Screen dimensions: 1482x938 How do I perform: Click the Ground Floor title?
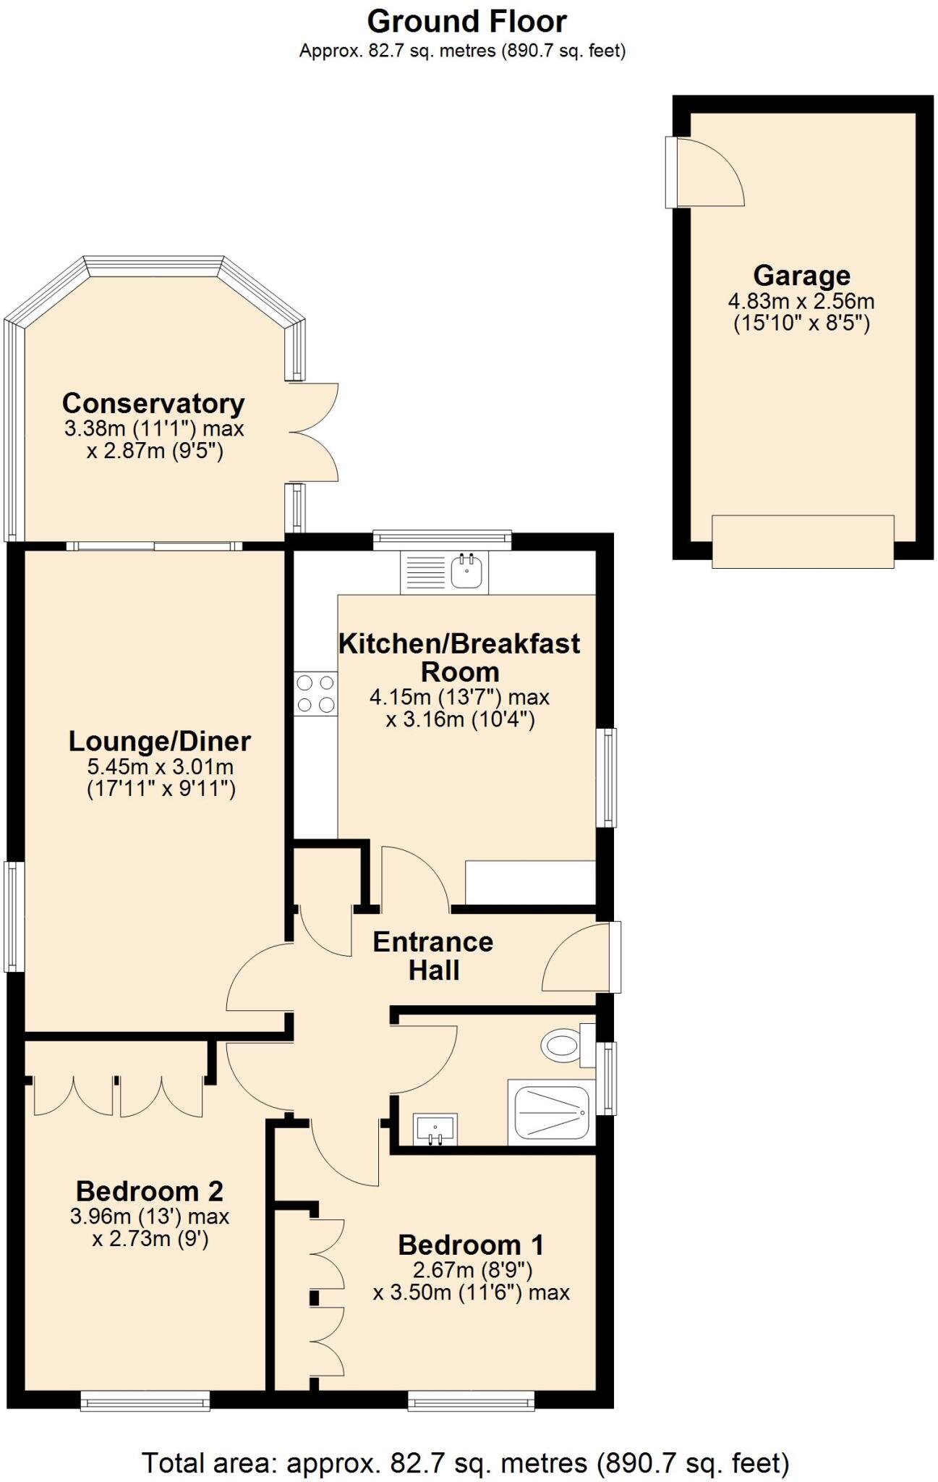tap(466, 22)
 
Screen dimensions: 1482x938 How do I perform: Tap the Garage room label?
tap(801, 276)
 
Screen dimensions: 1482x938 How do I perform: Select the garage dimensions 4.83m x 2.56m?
tap(801, 301)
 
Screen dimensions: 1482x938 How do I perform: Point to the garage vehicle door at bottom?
tap(803, 541)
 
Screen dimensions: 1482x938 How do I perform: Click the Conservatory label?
tap(153, 403)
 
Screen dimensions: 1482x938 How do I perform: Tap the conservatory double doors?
tap(312, 433)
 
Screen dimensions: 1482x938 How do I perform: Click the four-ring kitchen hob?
tap(316, 693)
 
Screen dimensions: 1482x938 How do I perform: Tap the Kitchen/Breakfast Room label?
tap(460, 657)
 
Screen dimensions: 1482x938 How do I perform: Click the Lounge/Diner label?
tap(160, 741)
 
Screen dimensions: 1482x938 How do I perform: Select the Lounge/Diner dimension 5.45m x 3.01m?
tap(161, 766)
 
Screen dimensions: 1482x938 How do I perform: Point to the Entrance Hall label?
tap(433, 955)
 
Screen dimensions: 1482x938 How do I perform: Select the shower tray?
tap(552, 1111)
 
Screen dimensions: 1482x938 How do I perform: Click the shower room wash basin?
tap(435, 1129)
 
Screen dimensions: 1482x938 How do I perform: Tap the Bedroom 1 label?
tap(471, 1245)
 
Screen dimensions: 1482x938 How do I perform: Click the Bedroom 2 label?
tap(150, 1191)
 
